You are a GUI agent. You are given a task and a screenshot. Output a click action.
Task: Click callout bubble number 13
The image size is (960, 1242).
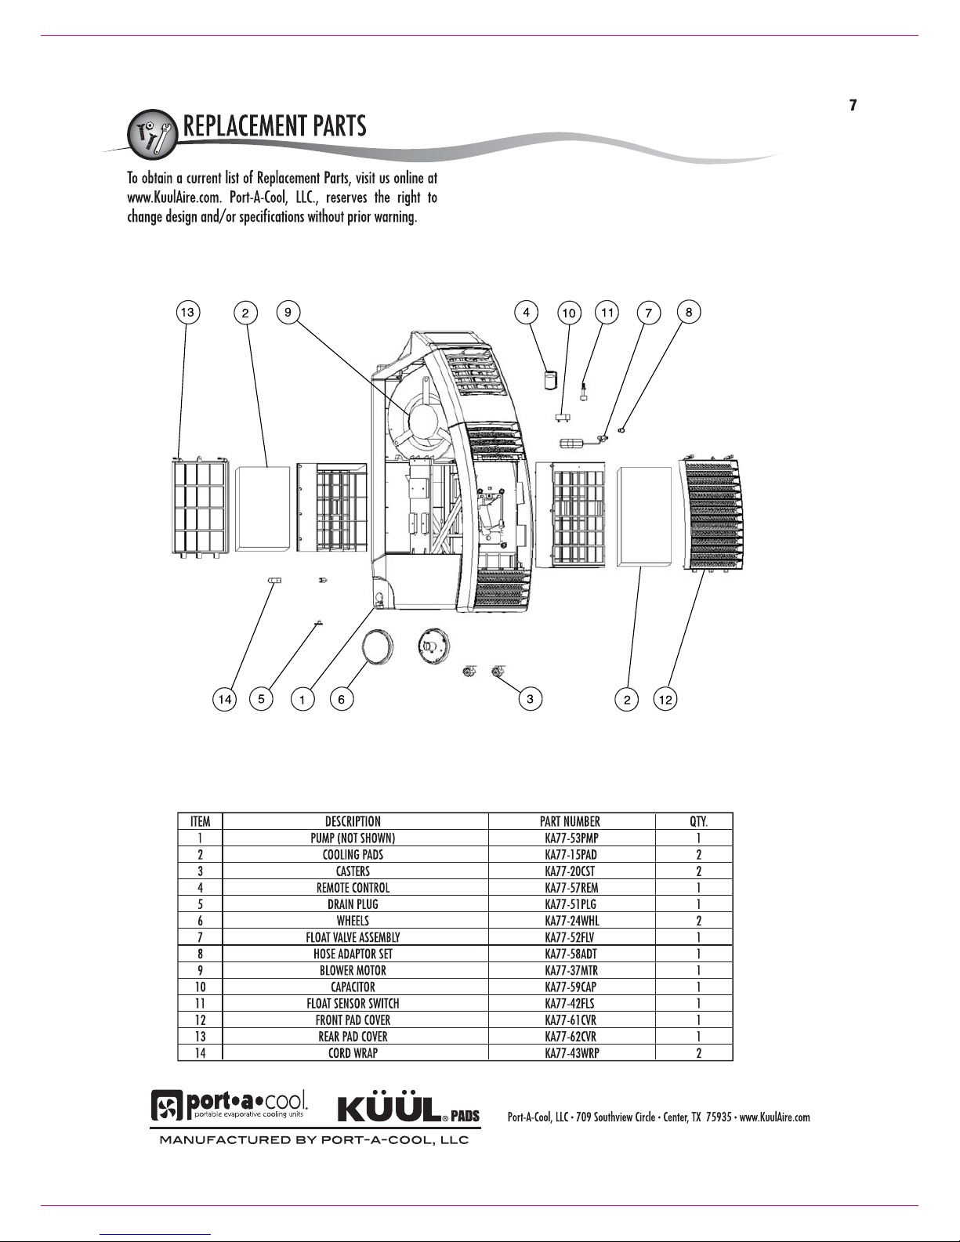coord(187,312)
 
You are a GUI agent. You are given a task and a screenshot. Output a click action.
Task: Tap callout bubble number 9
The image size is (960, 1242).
coord(288,312)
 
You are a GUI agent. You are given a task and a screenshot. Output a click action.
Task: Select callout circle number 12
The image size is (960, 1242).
coord(665,699)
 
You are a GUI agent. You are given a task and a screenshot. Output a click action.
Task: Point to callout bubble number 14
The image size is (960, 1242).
coord(225,699)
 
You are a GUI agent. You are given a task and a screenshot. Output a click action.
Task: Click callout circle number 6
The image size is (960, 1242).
coord(342,699)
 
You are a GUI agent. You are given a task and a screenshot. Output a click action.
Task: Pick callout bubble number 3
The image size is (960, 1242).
coord(531,698)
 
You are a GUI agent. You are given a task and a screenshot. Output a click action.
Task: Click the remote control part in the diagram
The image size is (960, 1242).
coord(550,379)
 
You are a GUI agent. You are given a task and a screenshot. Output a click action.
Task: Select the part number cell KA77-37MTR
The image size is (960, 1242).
coord(571,971)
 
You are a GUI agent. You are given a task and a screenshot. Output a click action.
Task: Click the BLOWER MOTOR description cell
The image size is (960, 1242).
coord(353,971)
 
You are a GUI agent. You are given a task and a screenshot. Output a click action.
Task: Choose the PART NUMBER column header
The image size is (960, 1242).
coord(571,821)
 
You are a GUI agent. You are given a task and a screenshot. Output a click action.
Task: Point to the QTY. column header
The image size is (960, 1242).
coord(698,821)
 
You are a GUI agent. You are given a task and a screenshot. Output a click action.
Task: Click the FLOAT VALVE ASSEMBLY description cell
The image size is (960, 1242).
coord(353,937)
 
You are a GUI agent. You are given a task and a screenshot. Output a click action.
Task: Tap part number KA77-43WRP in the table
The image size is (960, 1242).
coord(572,1053)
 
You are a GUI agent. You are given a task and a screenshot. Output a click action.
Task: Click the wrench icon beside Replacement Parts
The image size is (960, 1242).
coord(152,134)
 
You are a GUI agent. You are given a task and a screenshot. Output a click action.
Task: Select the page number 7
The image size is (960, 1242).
coord(853,105)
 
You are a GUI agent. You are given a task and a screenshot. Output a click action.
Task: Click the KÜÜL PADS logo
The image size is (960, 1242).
coord(408,1110)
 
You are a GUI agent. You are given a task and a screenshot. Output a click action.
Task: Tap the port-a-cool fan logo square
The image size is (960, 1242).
coord(167,1106)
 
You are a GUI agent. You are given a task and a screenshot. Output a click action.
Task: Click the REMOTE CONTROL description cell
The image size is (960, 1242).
coord(353,888)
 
